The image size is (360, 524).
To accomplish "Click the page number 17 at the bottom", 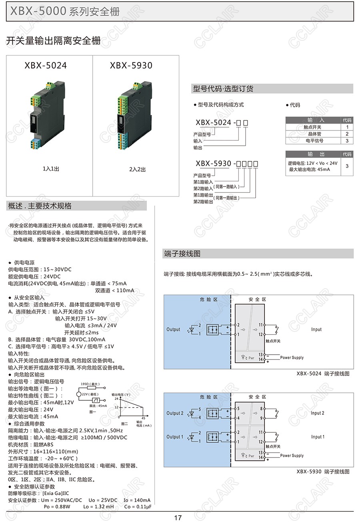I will pos(178,518).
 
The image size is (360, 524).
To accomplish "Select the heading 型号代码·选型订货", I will pos(223,89).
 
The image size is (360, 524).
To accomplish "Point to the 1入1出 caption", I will pos(51,169).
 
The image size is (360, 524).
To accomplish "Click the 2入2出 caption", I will pos(137,169).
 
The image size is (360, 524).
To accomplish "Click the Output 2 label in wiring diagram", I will pos(175,413).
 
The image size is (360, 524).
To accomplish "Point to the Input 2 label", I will pos(318,413).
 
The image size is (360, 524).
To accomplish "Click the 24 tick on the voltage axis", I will pos(116,399).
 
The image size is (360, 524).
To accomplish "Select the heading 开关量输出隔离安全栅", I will pos(53,40).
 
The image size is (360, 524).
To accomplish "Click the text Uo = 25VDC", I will pos(103,500).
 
